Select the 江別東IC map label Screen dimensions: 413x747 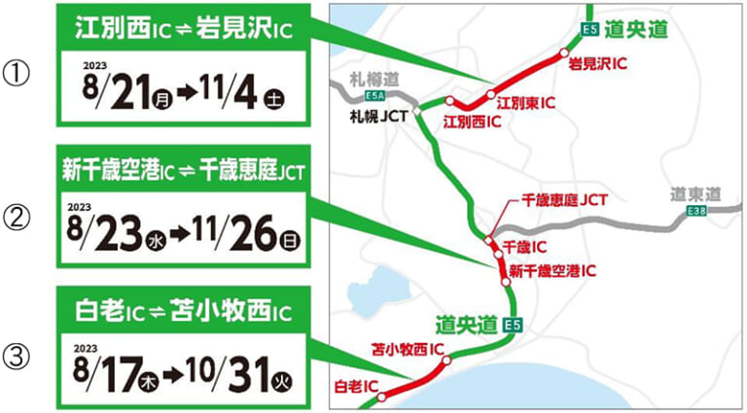[527, 100]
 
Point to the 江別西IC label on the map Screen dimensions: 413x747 [472, 121]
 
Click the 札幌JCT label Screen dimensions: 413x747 [378, 114]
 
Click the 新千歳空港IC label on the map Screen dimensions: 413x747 [552, 268]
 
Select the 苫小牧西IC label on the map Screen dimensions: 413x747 [409, 346]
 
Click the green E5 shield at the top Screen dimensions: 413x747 [588, 29]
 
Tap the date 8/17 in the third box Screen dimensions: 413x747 [111, 372]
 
